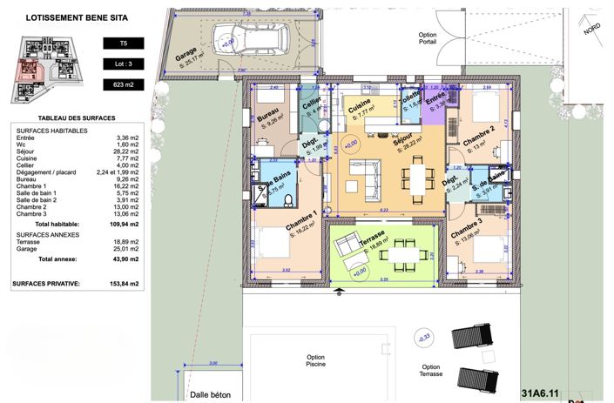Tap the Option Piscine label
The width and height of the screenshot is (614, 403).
tap(315, 361)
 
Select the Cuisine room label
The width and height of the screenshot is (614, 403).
tap(360, 111)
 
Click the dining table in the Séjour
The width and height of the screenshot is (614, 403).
tap(415, 179)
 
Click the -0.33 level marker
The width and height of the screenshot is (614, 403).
tap(425, 338)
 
